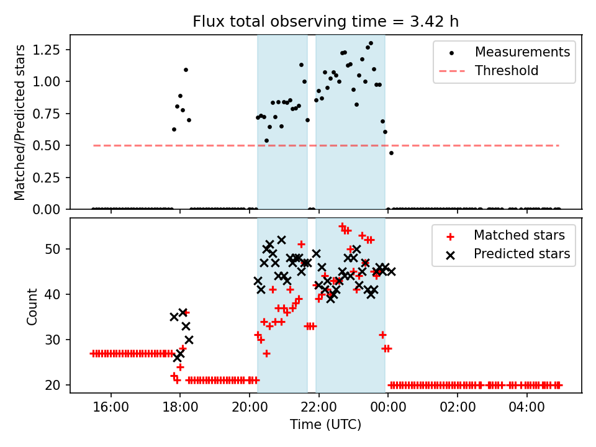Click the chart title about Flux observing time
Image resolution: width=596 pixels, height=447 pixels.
pyautogui.click(x=326, y=22)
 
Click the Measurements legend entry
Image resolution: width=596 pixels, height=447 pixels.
pyautogui.click(x=522, y=52)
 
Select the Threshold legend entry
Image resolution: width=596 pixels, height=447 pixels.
pyautogui.click(x=507, y=71)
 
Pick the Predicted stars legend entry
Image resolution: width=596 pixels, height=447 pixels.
pyautogui.click(x=521, y=253)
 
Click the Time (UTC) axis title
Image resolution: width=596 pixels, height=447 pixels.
pyautogui.click(x=325, y=425)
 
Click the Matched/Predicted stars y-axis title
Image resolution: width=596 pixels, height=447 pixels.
pyautogui.click(x=20, y=122)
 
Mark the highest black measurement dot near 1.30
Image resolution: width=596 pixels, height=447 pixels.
pyautogui.click(x=371, y=43)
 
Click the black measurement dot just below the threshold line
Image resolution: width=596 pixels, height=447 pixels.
pyautogui.click(x=391, y=153)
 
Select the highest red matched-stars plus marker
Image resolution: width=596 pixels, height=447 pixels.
pyautogui.click(x=342, y=227)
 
